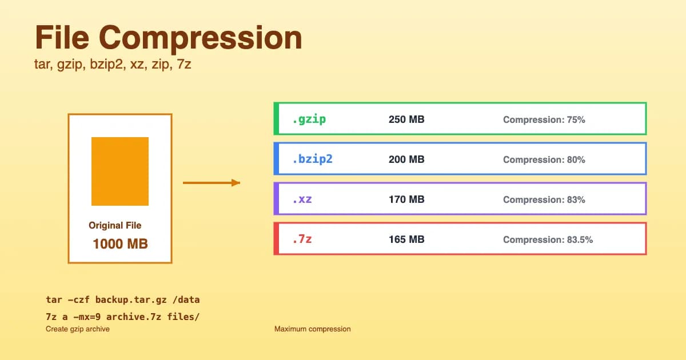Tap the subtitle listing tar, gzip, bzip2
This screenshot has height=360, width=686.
pos(113,65)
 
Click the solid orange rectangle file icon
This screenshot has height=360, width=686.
pos(120,171)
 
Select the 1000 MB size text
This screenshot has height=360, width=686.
pos(120,244)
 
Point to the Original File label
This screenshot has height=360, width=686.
pos(115,226)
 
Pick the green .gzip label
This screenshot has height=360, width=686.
pos(309,119)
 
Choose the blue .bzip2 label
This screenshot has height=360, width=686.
pos(312,159)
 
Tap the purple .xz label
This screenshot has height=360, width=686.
pos(302,199)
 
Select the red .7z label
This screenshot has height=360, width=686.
pos(302,239)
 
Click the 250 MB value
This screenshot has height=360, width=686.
pos(406,120)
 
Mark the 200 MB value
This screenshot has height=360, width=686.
pos(406,160)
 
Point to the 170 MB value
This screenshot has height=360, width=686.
pos(406,200)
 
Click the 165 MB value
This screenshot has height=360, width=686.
pos(406,239)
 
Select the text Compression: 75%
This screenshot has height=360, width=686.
pos(544,120)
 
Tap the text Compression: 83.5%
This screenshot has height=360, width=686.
pos(548,240)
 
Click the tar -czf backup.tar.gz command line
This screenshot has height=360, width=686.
pos(122,299)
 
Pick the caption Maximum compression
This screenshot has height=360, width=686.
pos(312,329)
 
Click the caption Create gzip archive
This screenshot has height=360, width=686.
pos(78,329)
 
